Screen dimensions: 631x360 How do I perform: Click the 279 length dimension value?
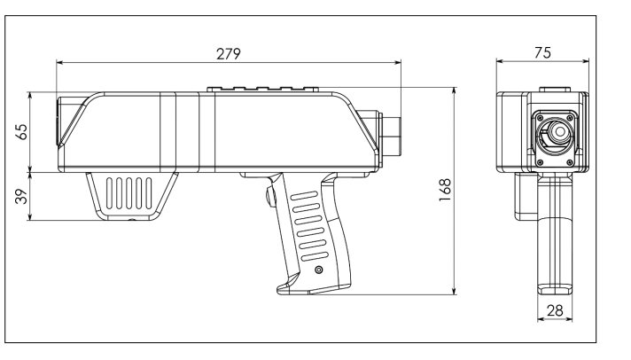[x=228, y=54]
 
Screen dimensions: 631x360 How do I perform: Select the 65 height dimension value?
[x=21, y=132]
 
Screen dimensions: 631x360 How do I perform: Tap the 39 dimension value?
[x=21, y=196]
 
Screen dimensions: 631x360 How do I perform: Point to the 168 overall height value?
[x=445, y=190]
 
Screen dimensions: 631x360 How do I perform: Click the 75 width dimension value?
[x=542, y=52]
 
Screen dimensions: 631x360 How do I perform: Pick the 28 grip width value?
[x=555, y=310]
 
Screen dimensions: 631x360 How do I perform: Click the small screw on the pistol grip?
[x=319, y=270]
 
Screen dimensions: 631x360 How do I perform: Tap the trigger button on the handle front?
[x=269, y=197]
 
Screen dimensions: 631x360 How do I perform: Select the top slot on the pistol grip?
[x=304, y=196]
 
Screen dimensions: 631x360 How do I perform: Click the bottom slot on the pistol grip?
[x=315, y=256]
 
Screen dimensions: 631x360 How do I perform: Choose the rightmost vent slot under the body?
[x=149, y=193]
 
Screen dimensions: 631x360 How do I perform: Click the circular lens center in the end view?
[x=559, y=132]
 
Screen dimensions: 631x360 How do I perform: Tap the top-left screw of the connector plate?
[x=541, y=118]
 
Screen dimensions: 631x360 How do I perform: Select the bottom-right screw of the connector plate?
[x=570, y=162]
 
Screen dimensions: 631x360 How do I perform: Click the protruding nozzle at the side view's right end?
[x=392, y=136]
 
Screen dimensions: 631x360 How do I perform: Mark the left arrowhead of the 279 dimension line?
[x=59, y=62]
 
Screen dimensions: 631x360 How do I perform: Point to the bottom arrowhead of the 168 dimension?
[x=455, y=291]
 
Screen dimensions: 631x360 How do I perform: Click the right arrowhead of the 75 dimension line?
[x=586, y=61]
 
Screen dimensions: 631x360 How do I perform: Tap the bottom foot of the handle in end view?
[x=555, y=289]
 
